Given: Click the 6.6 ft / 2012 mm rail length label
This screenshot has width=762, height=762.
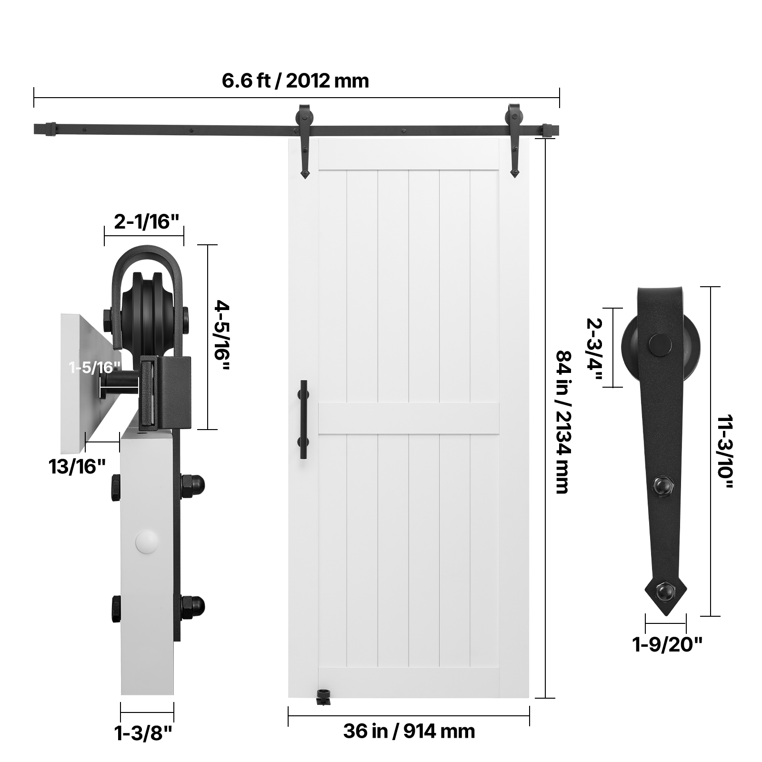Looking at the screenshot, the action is (x=295, y=80).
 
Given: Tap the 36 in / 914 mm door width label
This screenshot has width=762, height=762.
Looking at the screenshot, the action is (x=409, y=731).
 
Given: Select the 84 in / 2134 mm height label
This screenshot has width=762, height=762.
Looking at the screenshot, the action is (x=564, y=422).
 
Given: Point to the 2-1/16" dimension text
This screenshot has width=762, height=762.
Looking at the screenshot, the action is (x=147, y=221).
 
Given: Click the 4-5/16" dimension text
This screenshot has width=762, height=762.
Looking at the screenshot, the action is (x=221, y=337).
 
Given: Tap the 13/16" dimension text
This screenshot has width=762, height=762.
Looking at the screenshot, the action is (x=77, y=466).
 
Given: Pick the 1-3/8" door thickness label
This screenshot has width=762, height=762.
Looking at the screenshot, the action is (x=143, y=733).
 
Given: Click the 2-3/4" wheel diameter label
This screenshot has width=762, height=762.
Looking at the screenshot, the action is (x=594, y=348).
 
